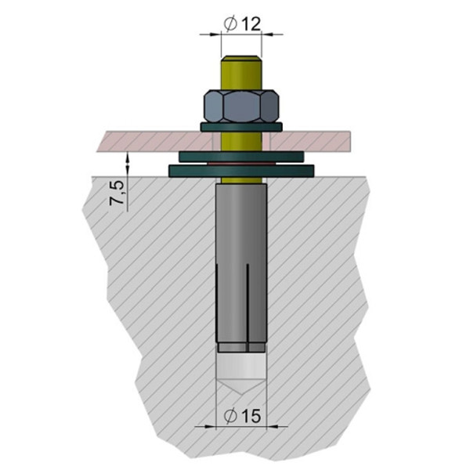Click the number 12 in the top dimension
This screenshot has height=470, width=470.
(250, 23)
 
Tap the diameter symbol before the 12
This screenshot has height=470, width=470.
(231, 23)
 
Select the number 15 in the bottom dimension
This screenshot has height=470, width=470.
(250, 416)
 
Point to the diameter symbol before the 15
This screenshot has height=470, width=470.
(230, 416)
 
